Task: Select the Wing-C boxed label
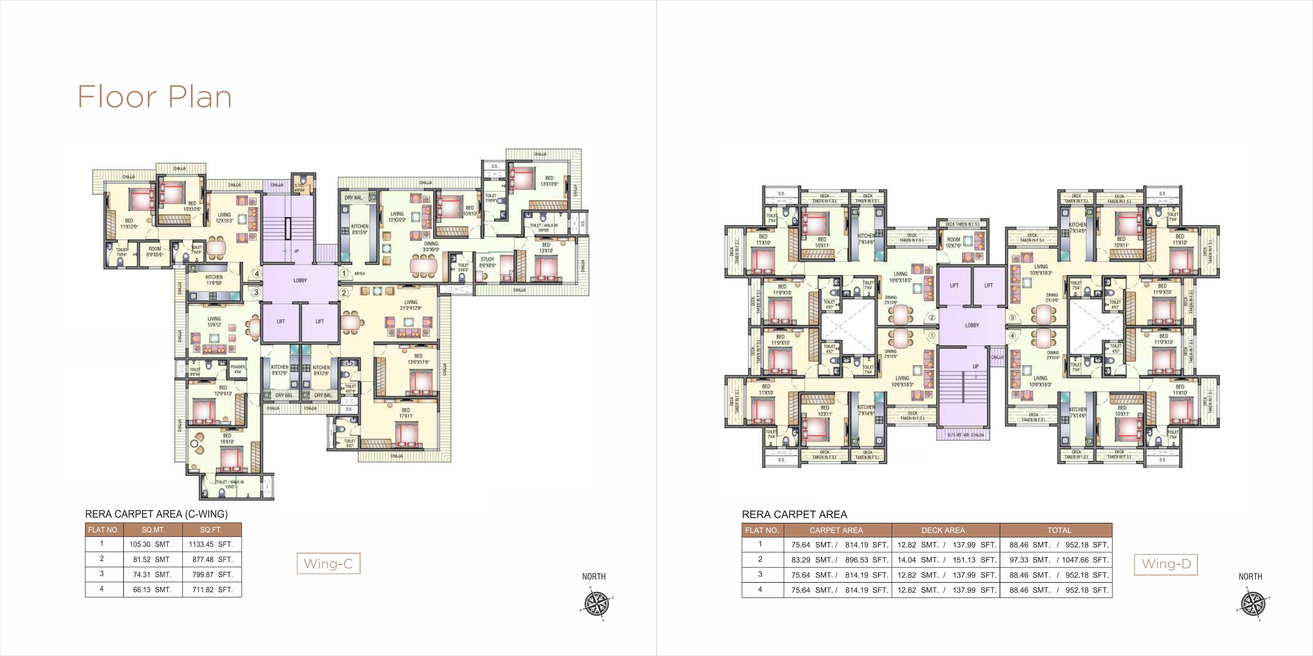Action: tap(328, 564)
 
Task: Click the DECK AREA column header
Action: tap(943, 530)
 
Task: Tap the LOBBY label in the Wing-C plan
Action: tap(300, 281)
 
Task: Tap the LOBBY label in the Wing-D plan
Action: tap(972, 325)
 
